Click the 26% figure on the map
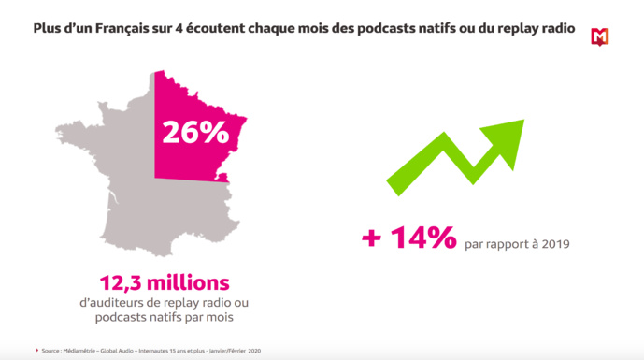(x=194, y=133)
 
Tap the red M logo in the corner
(x=600, y=36)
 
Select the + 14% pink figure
(x=408, y=238)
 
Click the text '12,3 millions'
(x=165, y=281)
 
